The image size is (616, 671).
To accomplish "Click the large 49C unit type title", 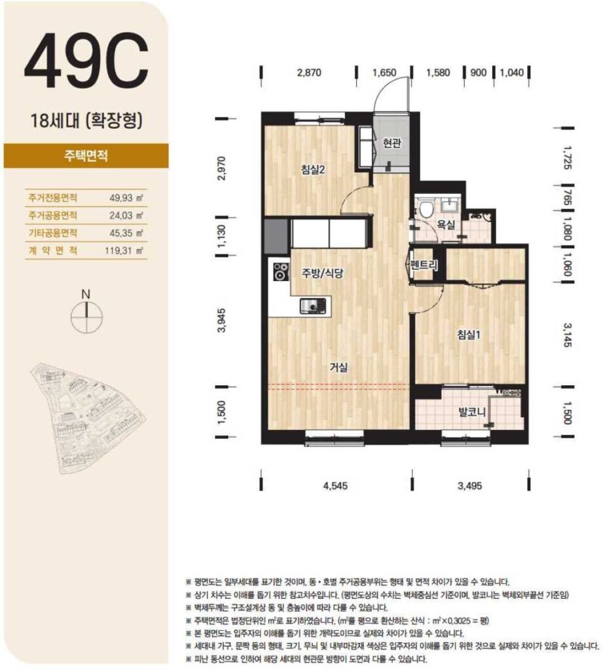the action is pos(86,60).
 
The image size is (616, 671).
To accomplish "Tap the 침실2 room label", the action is pos(313,170).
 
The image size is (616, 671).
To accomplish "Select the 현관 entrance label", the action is pos(391,142).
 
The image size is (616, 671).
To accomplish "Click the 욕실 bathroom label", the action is pos(445,224).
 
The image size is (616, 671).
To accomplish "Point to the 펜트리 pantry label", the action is pos(423,265).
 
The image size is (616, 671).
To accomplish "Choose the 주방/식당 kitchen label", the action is pos(322,273).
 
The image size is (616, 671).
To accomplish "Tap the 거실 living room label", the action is pos(338,367).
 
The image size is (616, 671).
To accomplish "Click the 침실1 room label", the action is pos(469,334).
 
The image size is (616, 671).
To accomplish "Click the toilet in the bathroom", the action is pos(426,208).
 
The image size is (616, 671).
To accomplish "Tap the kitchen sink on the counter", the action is pos(313,306).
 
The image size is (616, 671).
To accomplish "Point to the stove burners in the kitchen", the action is pos(281,271).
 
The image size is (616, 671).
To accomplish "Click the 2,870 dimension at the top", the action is pos(309,72).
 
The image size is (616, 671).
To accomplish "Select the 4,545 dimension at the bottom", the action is pos(336,486).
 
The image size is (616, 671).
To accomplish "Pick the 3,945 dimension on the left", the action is pos(221,320).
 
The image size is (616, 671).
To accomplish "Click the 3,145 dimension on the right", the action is pos(566,335).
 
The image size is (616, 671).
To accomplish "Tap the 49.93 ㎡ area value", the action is pos(126,198).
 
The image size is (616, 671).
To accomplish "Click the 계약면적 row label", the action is pos(53,250).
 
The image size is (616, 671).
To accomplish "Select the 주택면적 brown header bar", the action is pos(86,156).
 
